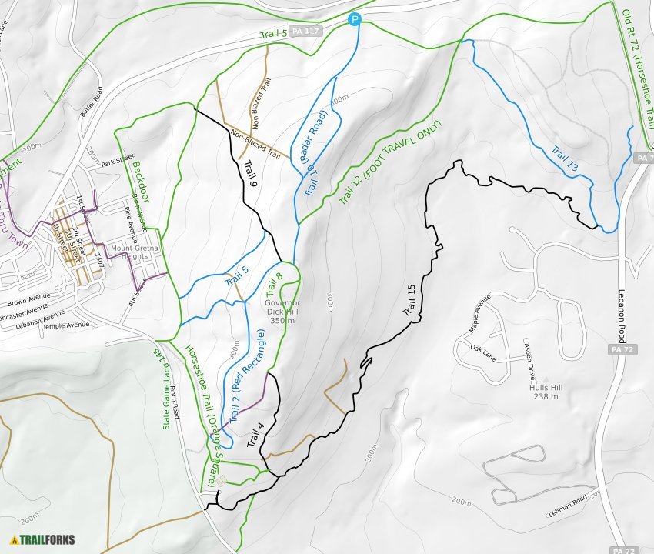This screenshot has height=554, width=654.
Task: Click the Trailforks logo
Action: (42, 539)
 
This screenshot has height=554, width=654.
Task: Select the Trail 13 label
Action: (565, 157)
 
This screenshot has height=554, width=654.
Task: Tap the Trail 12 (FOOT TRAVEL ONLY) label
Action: (391, 162)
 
